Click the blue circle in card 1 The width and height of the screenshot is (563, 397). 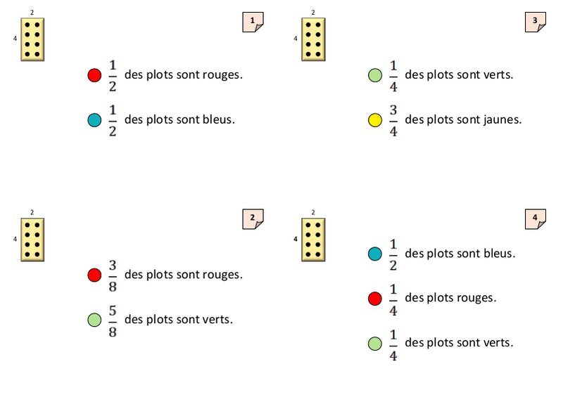coord(94,120)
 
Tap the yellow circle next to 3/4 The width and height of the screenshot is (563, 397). coord(375,120)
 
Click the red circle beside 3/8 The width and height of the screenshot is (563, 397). coord(94,275)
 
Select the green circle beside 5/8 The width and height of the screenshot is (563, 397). coord(94,320)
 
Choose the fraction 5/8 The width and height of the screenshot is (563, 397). coord(113,320)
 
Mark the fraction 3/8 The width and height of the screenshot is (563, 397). coord(113,275)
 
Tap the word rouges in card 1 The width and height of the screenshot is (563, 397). coord(223,74)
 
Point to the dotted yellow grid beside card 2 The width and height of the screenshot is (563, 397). coord(32,239)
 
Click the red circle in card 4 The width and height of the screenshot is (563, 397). coord(375,299)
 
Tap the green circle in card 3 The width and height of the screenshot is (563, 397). coord(375,75)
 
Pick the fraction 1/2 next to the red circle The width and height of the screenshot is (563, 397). coord(113,75)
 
